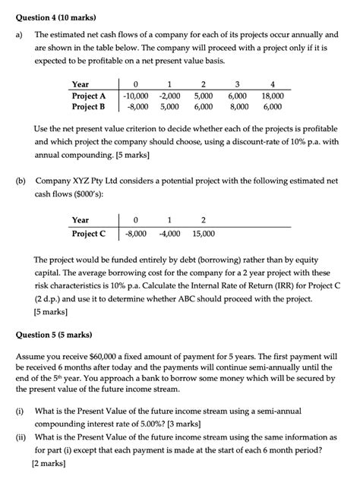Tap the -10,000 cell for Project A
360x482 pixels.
[x=137, y=96]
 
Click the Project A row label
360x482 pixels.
[x=89, y=96]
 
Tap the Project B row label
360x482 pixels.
[x=89, y=107]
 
